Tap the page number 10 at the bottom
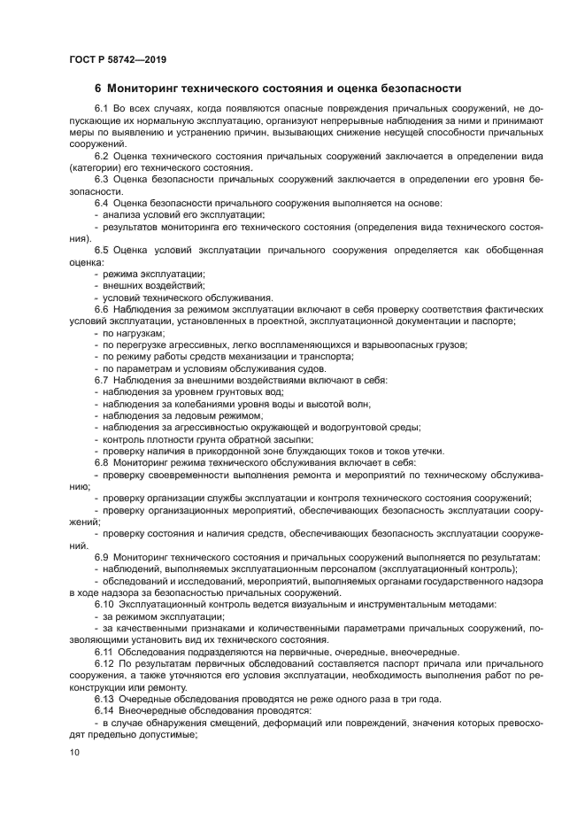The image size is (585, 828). click(73, 752)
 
